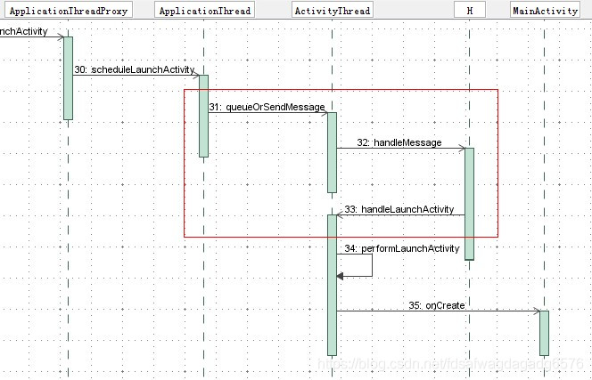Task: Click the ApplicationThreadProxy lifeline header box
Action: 69,12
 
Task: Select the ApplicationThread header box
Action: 204,12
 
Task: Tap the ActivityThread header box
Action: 332,12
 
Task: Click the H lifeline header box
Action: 469,12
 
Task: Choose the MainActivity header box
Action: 545,12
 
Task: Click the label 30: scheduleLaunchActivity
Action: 135,69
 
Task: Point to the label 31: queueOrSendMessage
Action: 267,107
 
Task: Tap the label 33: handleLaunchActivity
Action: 399,209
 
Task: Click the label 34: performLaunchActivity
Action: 401,248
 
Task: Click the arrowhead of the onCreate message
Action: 536,311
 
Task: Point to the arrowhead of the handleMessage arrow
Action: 461,149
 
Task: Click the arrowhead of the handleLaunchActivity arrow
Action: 340,215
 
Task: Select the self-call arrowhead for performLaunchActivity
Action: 341,277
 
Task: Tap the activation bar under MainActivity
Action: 544,333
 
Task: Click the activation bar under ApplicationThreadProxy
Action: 68,78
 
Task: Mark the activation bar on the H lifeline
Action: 469,203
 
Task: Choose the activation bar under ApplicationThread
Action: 203,116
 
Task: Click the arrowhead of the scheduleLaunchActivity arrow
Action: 195,75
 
